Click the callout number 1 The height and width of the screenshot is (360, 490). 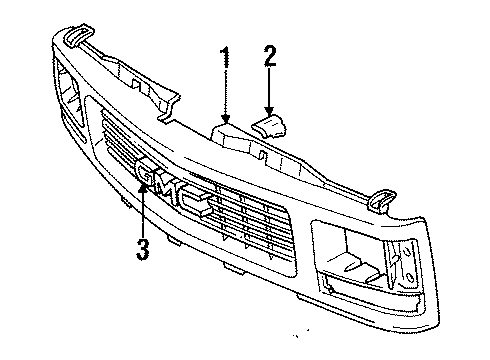(226, 58)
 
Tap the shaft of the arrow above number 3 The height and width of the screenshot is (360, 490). (144, 215)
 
